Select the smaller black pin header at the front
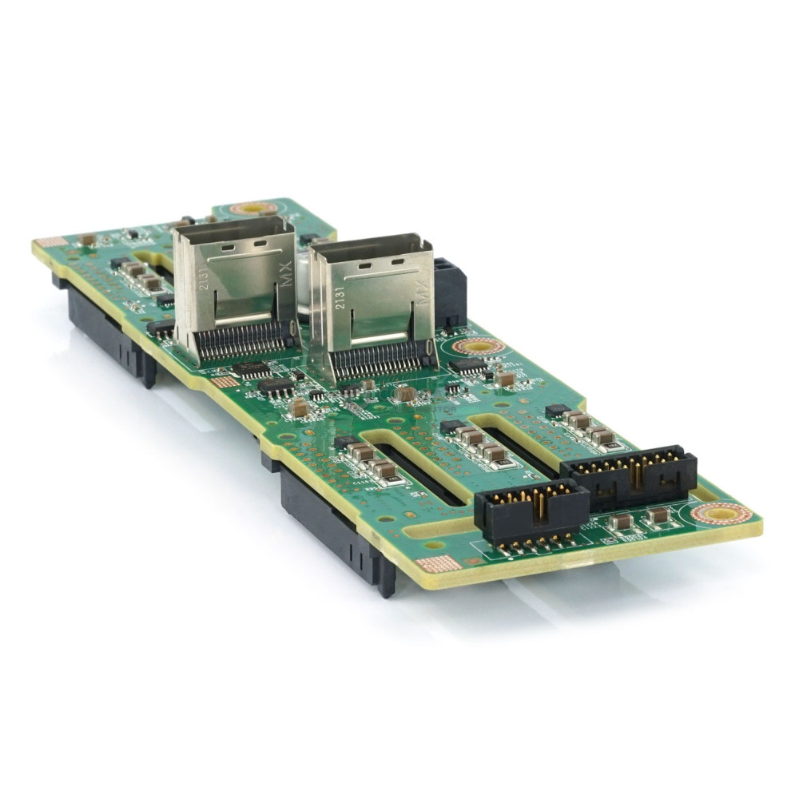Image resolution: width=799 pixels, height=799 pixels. [531, 508]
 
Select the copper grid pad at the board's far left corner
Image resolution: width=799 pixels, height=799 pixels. [50, 242]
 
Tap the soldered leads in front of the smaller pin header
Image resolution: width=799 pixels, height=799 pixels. [535, 547]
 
